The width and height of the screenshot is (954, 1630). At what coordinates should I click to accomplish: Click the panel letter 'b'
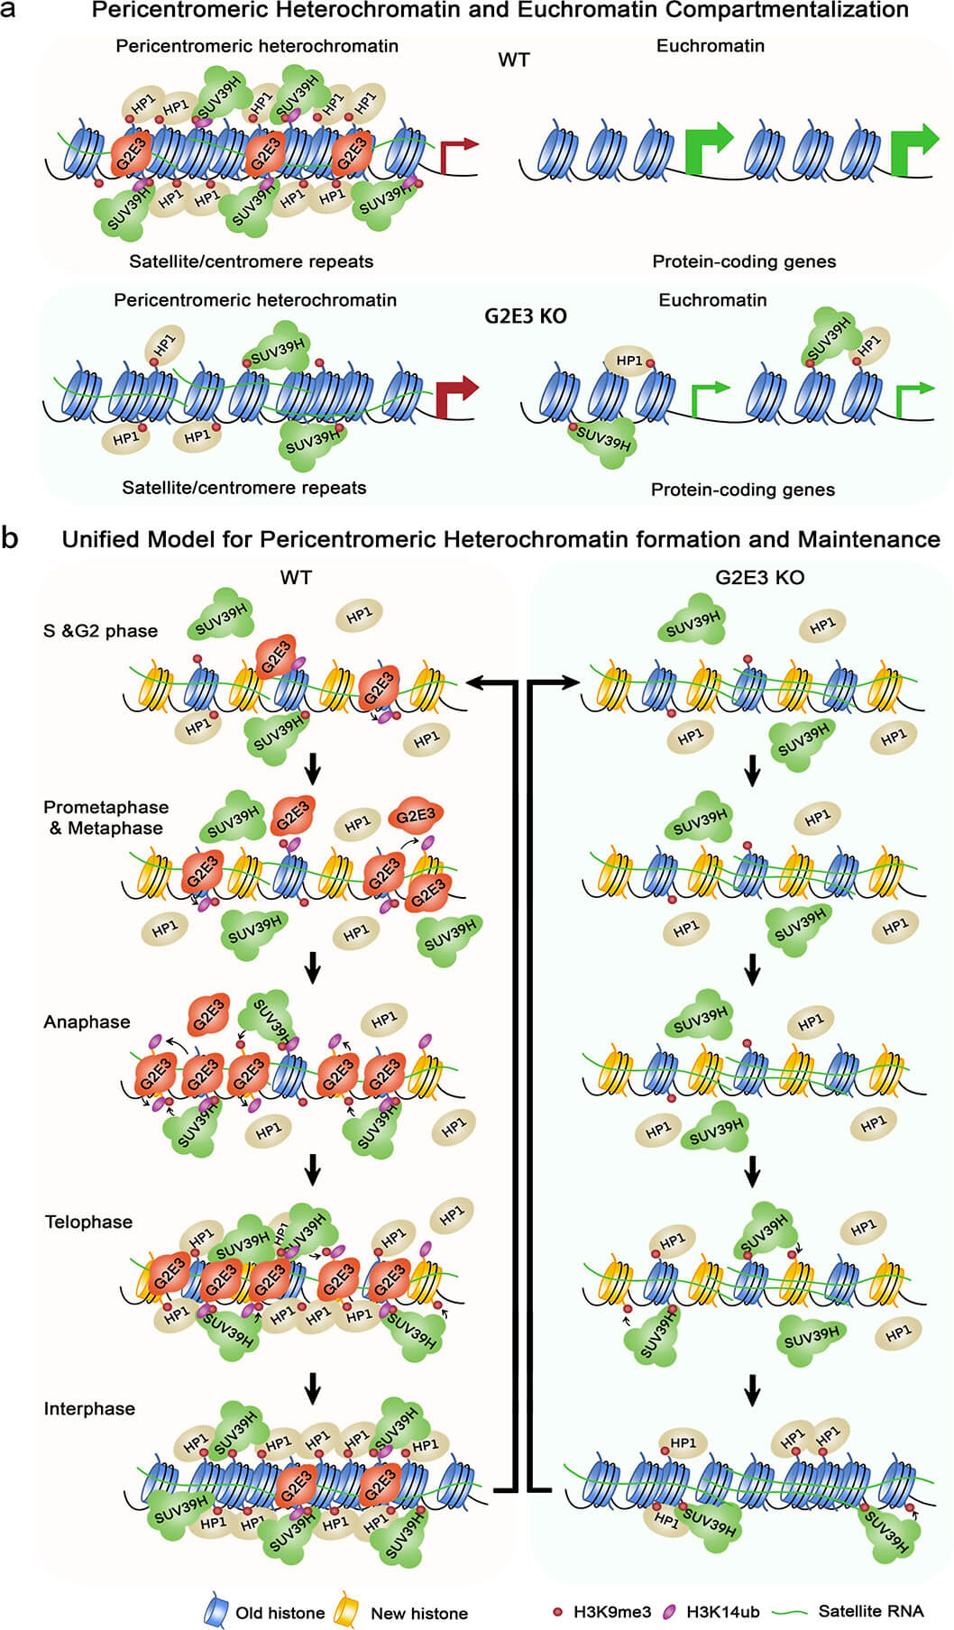(x=10, y=539)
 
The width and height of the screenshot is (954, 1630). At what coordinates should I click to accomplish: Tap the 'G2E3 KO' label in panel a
(x=526, y=316)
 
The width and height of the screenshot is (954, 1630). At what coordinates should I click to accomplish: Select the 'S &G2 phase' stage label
(x=100, y=631)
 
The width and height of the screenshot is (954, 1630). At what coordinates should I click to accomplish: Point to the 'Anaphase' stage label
(x=87, y=1021)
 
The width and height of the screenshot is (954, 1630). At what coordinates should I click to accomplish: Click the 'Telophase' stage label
(x=88, y=1222)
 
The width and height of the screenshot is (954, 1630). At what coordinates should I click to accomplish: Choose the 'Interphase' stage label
(x=89, y=1408)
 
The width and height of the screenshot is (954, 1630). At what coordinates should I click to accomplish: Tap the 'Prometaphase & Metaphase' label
(x=105, y=818)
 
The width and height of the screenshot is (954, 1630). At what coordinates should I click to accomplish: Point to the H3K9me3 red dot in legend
(x=557, y=1611)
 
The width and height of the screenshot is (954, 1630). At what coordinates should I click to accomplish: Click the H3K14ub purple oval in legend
(x=669, y=1611)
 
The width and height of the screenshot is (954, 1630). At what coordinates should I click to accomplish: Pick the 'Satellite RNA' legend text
(x=871, y=1611)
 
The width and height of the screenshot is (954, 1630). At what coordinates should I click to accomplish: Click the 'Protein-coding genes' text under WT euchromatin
(x=744, y=261)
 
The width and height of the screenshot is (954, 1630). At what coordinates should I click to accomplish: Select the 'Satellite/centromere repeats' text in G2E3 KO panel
(x=244, y=488)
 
